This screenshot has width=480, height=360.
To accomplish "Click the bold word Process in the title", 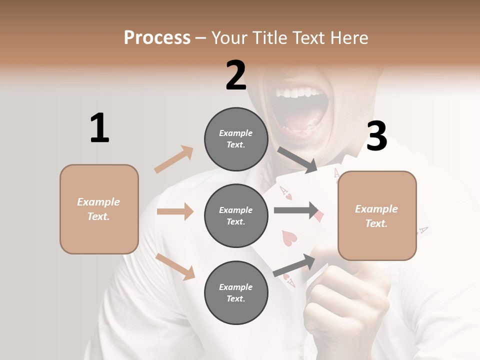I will pos(157,37).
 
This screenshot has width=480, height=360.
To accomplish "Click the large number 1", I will pos(99,128).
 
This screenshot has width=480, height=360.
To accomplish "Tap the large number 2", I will pos(236,75).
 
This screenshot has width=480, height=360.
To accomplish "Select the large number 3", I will pos(376,136).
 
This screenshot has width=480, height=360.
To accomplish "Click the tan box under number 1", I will pos(99,209).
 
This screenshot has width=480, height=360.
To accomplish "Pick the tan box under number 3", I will pos(377,215).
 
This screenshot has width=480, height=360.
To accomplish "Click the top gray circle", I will pos(236,139).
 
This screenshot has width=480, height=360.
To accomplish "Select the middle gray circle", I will pos(236,215).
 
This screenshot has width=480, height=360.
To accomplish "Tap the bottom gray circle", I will pos(236,292).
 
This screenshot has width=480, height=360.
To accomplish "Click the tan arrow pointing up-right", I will pos(174,159).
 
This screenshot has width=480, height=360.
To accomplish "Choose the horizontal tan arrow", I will pos(175,211).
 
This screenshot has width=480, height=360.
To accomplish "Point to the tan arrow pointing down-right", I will pos(175,266).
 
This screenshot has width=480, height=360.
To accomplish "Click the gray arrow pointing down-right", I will pos(297,160).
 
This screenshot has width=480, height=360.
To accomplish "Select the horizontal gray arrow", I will pos(296,210).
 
